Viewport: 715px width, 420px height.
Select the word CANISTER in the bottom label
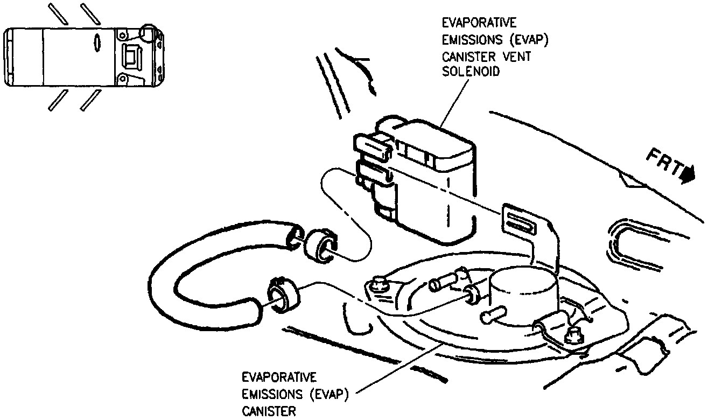(x=268, y=411)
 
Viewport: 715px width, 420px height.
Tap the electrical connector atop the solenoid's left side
(x=371, y=144)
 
